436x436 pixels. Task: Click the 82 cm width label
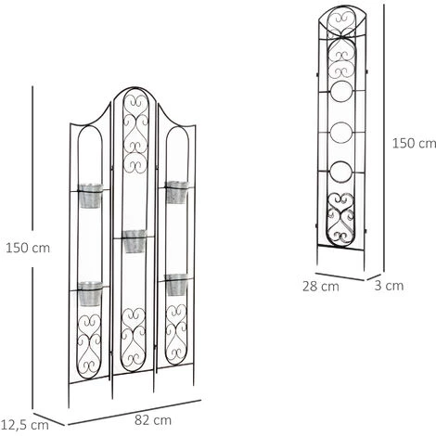point(147,420)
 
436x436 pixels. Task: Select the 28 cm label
point(320,286)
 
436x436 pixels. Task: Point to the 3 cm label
point(393,286)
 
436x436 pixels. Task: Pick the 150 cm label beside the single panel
point(414,144)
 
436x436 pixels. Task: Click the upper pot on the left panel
point(91,197)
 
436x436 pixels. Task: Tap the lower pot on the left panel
point(90,294)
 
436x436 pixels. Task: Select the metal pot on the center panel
point(135,241)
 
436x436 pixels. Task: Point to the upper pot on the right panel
point(177,192)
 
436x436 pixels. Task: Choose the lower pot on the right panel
point(177,284)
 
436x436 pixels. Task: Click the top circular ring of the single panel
point(342,93)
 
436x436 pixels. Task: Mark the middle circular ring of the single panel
point(342,133)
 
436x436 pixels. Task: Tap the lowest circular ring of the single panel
point(342,173)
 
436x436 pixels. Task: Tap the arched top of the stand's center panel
point(135,91)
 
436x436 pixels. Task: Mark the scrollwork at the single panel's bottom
point(342,219)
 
